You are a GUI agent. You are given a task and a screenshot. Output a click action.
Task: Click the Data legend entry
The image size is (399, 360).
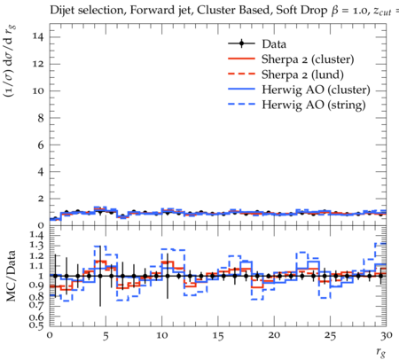pos(274,44)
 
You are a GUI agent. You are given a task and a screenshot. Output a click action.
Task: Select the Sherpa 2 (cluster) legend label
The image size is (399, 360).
pos(308,59)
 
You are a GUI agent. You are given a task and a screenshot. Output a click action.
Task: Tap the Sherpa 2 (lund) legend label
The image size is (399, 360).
pos(302,74)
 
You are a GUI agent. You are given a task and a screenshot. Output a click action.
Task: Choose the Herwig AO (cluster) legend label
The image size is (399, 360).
pos(316,90)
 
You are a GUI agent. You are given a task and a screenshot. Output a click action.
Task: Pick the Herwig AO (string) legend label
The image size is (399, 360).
pos(314,105)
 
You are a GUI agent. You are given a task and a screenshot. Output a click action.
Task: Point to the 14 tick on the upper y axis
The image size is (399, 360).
pos(38,37)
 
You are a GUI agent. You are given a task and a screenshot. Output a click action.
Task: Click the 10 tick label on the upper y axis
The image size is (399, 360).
pos(38,90)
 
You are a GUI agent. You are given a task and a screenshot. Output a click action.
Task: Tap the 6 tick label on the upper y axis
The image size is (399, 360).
pos(41,145)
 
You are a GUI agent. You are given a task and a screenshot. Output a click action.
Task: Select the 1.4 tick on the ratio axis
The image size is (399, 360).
pos(37,235)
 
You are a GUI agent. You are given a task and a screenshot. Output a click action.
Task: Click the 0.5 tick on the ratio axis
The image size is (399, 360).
pos(37,325)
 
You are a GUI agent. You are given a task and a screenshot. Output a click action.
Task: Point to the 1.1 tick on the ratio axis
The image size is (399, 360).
pos(37,266)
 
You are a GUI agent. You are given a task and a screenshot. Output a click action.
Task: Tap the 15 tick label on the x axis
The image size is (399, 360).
pos(218,336)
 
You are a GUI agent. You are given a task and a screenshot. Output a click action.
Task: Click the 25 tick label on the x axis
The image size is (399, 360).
pos(330,336)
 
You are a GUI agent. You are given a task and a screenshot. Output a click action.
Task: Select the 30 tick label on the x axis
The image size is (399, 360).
pos(387,336)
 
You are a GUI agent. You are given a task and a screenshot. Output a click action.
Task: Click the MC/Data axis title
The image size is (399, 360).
pos(12,276)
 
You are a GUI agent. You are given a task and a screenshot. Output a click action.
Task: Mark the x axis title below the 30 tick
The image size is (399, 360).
pos(381,352)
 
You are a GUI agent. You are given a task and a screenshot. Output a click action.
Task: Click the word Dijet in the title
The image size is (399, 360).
pos(63,11)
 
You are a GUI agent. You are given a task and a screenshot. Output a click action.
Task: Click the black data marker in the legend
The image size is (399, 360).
pos(241,44)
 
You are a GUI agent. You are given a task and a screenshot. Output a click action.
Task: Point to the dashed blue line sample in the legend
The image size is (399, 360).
pos(241,105)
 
